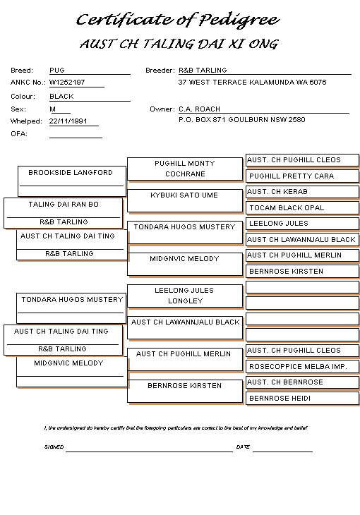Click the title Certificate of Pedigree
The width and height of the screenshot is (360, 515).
(178, 20)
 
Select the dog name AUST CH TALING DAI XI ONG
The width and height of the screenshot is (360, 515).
(179, 44)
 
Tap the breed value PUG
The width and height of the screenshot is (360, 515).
(57, 71)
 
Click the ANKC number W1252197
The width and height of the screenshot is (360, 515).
(67, 82)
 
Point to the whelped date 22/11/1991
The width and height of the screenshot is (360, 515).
(68, 121)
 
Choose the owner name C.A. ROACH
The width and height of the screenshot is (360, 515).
(199, 109)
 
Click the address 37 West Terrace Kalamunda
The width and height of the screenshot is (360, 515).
(252, 82)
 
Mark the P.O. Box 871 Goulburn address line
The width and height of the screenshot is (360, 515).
(242, 119)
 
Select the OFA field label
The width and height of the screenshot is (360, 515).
(19, 133)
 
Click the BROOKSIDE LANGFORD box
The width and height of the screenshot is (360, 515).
(72, 181)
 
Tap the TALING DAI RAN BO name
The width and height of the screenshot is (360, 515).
(64, 205)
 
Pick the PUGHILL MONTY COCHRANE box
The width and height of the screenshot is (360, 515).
(185, 169)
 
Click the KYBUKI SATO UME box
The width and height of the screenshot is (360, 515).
(185, 200)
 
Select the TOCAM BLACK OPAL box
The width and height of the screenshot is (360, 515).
(302, 207)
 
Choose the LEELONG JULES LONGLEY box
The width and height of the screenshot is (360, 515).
(185, 296)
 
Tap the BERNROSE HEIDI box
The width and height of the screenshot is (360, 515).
(302, 399)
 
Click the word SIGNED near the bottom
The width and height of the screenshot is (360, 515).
(54, 447)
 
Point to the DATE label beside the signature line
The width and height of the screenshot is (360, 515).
(243, 447)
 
